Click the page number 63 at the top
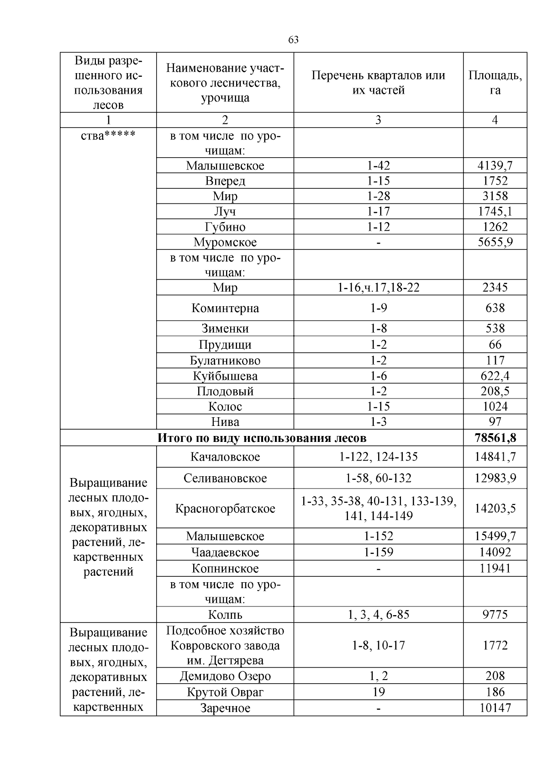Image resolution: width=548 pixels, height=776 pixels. (294, 40)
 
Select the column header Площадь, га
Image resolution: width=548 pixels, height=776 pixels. (495, 83)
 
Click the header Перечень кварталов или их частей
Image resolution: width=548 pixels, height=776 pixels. (378, 83)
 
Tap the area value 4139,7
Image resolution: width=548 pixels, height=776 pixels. (495, 165)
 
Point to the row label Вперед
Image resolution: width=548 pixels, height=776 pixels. (225, 181)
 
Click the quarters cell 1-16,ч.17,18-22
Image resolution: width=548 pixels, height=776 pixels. (378, 287)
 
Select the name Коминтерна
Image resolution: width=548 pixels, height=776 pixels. (225, 308)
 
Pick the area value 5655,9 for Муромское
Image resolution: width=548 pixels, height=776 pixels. (495, 242)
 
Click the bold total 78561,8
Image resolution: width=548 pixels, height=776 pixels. (495, 438)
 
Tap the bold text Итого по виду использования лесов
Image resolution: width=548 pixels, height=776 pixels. (262, 438)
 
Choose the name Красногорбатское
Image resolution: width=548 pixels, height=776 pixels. (225, 509)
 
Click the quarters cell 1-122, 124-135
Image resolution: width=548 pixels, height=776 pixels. (378, 457)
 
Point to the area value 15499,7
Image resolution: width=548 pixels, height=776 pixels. (495, 536)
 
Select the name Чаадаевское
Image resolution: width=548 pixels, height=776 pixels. (225, 552)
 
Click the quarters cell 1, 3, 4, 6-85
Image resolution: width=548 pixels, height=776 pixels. (378, 615)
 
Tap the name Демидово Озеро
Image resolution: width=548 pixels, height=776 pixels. (225, 676)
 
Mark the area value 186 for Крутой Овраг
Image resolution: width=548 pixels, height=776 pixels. (495, 692)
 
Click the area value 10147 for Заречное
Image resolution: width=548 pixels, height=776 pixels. (495, 708)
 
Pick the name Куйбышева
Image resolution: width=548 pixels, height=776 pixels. (225, 376)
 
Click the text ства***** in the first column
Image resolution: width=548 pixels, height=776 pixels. (108, 136)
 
